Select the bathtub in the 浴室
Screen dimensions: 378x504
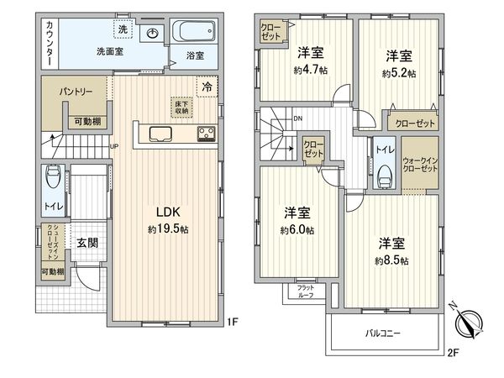point(194,34)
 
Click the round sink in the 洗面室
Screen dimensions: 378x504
point(152,34)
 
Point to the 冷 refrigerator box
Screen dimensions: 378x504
point(205,87)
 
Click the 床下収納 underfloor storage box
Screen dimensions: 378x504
point(181,106)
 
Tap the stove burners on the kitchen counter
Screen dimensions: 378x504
point(206,133)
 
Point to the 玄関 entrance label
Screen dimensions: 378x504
point(87,244)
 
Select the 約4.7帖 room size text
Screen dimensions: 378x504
point(306,70)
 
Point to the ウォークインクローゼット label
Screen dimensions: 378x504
point(419,164)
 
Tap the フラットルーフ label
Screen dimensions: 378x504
point(306,292)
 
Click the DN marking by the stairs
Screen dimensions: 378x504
point(297,118)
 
